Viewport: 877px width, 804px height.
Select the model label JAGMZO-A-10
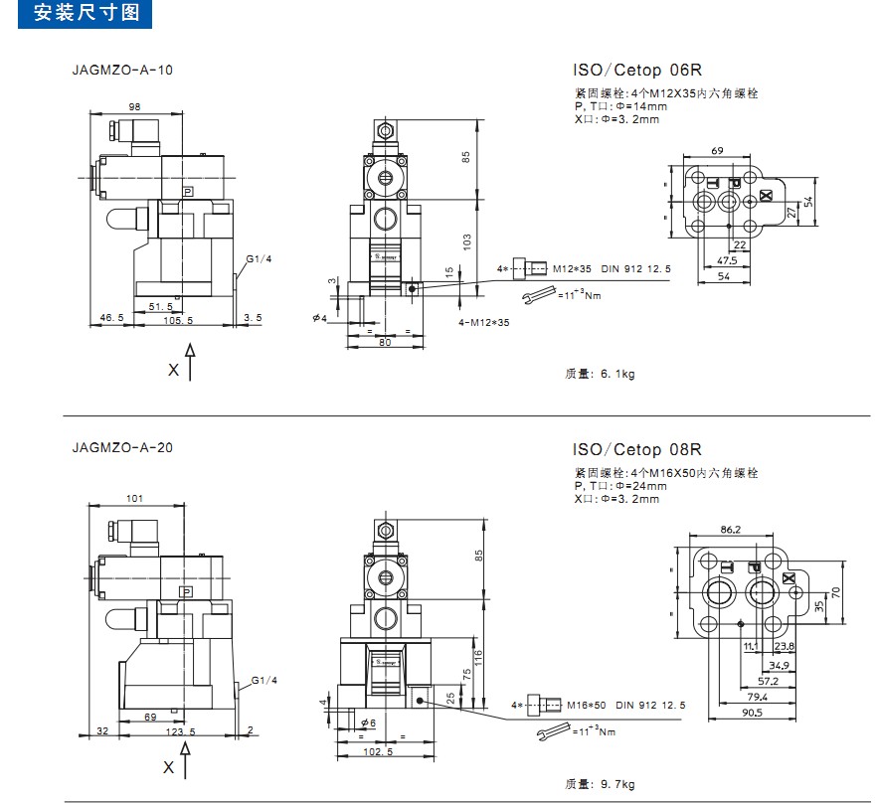[122, 71]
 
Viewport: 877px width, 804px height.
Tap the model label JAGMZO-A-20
[122, 447]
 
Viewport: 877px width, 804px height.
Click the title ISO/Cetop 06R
[637, 71]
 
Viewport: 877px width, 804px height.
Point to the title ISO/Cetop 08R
[637, 449]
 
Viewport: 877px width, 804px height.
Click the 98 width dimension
[134, 106]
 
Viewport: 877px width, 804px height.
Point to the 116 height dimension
[479, 656]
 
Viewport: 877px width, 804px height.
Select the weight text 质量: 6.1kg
[600, 375]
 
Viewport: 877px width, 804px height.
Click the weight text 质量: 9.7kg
[601, 784]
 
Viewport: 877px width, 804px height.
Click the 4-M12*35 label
[483, 323]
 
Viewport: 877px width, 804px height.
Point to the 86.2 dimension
[730, 530]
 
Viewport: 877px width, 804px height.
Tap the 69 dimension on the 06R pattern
[717, 150]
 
